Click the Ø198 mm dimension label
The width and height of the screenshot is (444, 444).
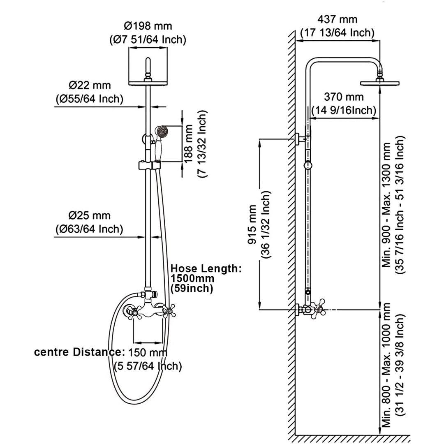pos(148,26)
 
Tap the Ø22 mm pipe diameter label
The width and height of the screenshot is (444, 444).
pos(90,86)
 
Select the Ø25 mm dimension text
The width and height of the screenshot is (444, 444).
pos(90,215)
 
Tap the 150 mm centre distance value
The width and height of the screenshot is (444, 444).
pos(148,352)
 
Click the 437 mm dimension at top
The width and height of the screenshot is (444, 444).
pos(338,19)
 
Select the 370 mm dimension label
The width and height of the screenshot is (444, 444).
pos(344,97)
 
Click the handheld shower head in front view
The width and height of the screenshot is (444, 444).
pos(161,132)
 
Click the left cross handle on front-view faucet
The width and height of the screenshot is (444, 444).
pos(131,312)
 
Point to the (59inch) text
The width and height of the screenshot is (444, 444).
pos(192,289)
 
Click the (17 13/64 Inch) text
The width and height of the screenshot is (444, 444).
pos(338,32)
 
